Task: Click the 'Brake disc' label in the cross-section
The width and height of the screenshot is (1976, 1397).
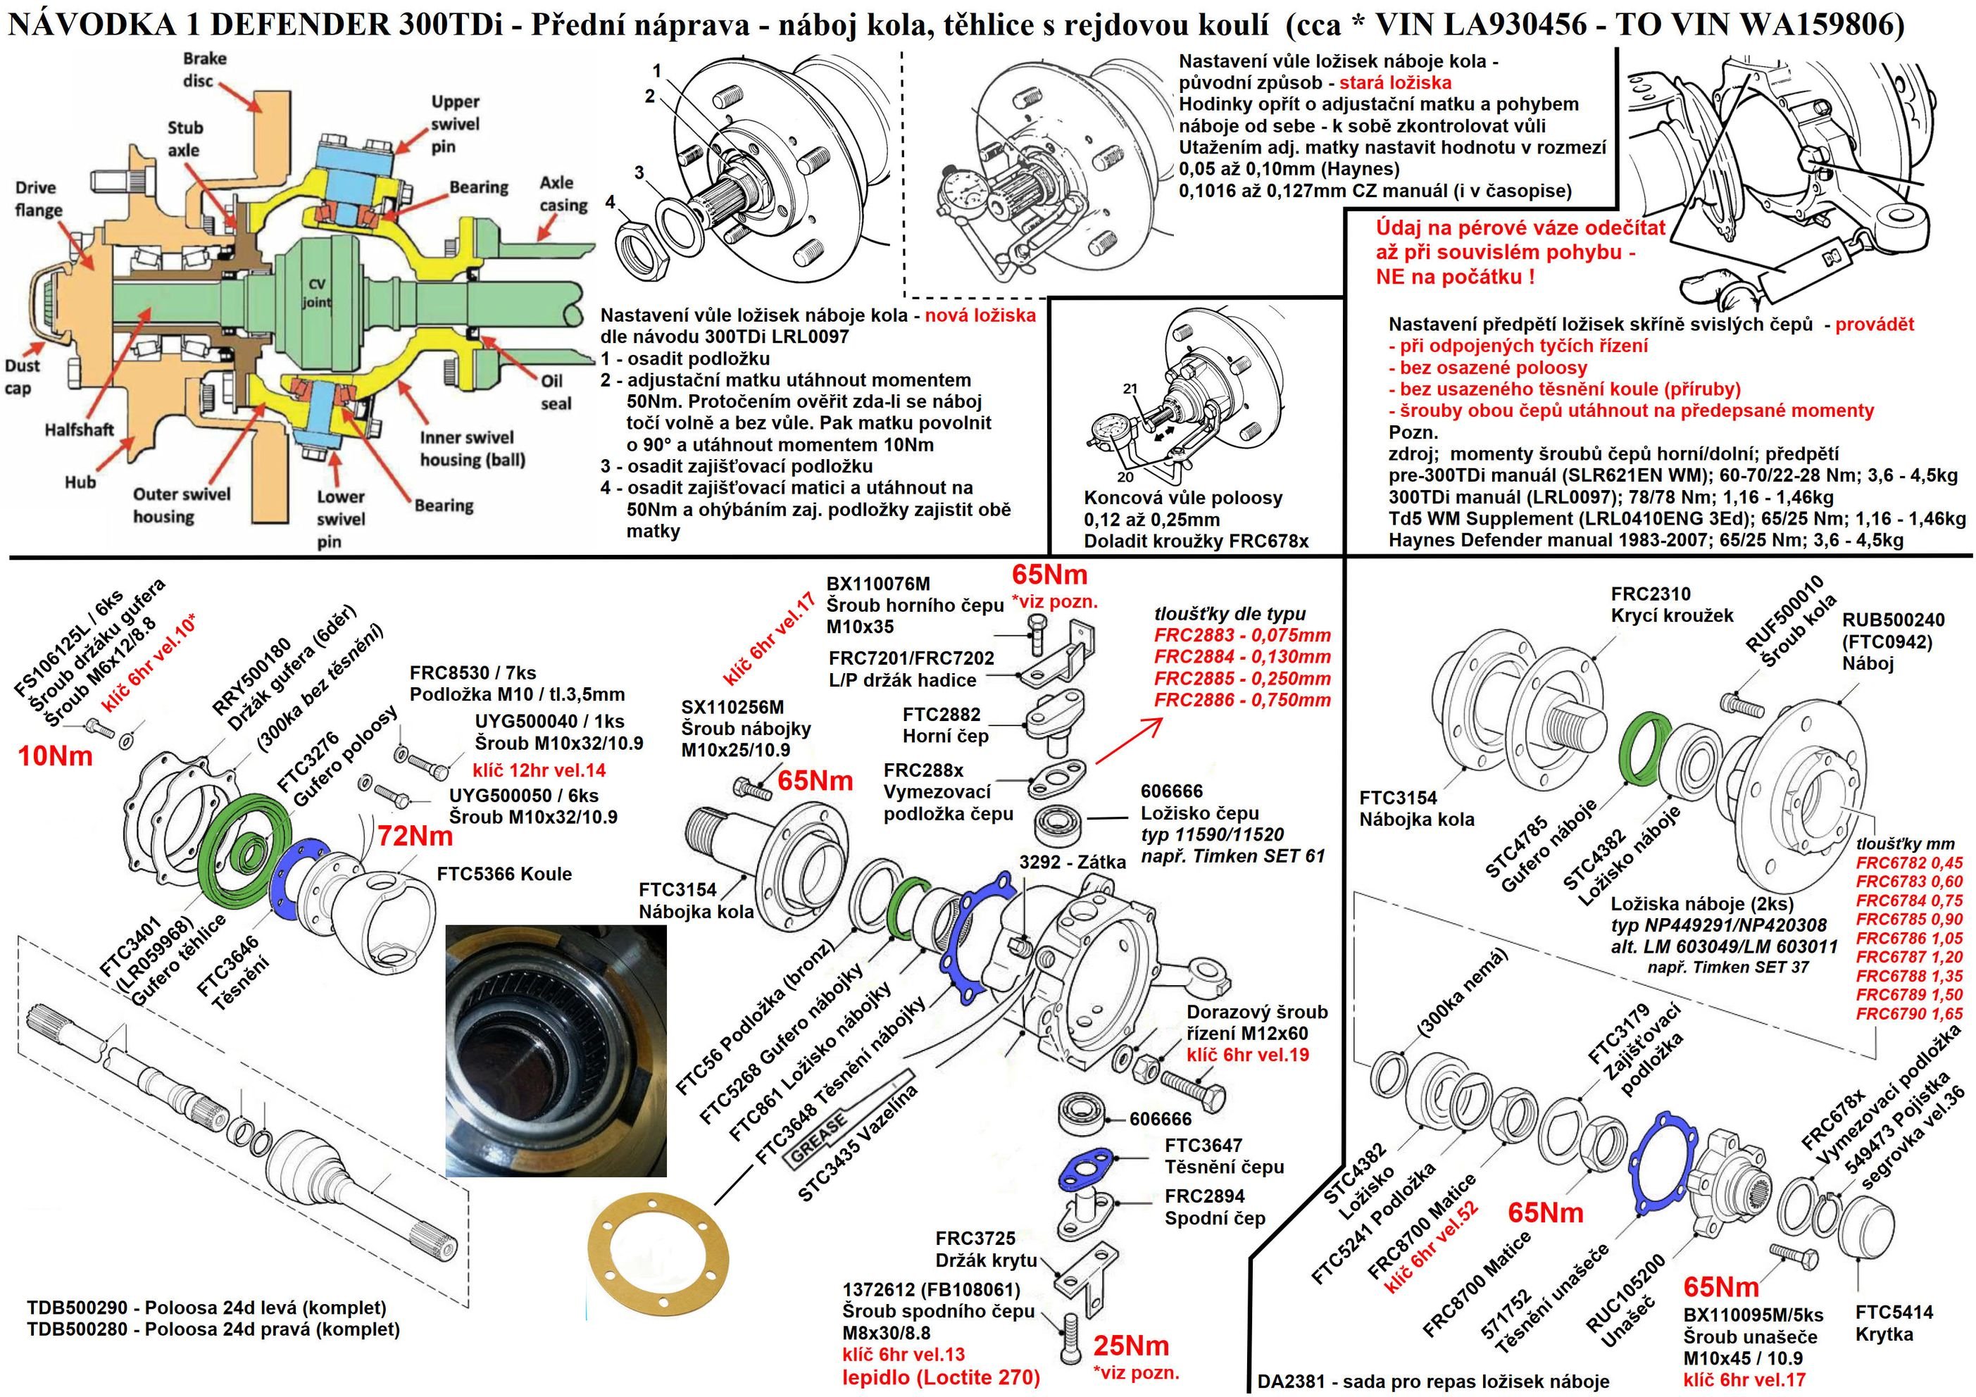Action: click(205, 69)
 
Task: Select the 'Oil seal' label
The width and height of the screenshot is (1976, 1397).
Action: click(556, 392)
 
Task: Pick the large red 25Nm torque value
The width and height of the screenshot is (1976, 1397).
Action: click(1131, 1346)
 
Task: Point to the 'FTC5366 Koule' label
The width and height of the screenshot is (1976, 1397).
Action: click(504, 874)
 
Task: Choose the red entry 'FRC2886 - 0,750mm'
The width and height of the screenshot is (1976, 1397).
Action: click(1242, 700)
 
